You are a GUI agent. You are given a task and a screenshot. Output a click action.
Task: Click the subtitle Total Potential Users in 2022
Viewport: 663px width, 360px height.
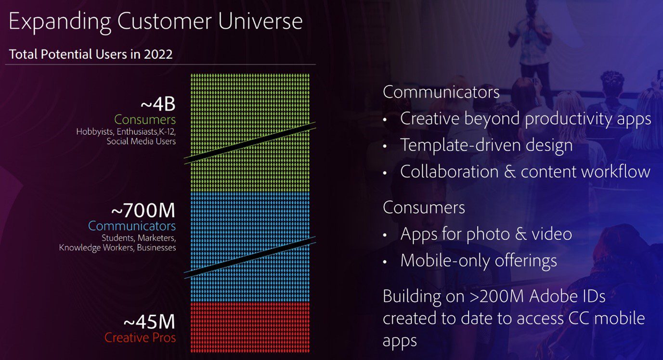[x=91, y=54]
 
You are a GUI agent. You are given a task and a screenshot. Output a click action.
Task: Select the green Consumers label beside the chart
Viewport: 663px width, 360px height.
[x=145, y=119]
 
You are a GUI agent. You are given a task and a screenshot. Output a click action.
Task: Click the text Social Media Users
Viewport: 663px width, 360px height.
[x=141, y=141]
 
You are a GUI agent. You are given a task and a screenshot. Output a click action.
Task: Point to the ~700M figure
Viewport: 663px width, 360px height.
[x=143, y=211]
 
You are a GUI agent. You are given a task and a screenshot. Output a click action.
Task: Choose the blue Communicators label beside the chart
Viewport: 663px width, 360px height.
[x=132, y=226]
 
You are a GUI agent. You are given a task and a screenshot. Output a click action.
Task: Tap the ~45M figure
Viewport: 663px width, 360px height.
[x=149, y=322]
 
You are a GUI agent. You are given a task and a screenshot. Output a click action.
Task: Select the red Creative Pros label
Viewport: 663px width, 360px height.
[x=140, y=338]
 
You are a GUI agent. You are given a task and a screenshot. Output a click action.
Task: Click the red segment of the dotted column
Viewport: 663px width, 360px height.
[x=250, y=327]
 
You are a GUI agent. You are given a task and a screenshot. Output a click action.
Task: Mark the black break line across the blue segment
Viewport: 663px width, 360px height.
[x=250, y=257]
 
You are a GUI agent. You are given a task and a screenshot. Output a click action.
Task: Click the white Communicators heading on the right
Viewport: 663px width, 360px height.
[x=441, y=92]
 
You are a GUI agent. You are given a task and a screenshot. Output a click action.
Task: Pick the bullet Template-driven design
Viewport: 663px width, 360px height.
[x=486, y=145]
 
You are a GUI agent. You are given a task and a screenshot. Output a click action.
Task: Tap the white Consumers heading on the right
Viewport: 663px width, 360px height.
[x=424, y=207]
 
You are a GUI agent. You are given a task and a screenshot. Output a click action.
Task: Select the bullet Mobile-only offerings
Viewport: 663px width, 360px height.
[x=479, y=260]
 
